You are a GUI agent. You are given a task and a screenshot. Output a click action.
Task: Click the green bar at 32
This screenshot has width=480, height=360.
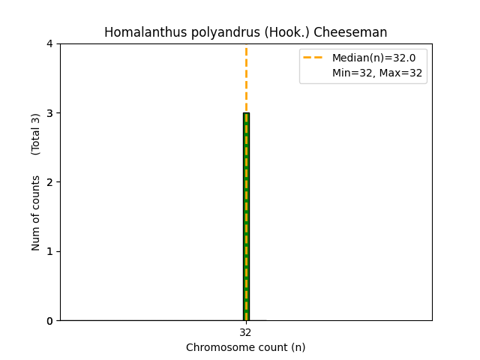point(246,217)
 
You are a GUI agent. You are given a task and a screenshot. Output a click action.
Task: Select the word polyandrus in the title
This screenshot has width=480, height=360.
point(206,32)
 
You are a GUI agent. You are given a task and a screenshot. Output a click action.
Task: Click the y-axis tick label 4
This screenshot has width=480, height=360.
point(49,43)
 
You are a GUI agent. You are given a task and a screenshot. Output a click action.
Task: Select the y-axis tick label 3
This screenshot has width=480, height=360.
point(49,113)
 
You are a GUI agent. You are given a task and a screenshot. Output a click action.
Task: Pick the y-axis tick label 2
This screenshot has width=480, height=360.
point(49,182)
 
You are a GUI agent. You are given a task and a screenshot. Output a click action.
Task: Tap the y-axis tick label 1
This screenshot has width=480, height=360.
point(49,251)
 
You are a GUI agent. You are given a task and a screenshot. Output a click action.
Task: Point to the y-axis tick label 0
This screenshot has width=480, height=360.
point(49,320)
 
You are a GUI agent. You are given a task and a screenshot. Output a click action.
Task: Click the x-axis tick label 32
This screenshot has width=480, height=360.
point(246,332)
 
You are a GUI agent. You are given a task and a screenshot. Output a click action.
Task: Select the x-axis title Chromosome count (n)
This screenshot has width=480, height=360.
point(246,347)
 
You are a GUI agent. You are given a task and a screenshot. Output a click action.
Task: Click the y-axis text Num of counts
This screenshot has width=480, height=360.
point(36,213)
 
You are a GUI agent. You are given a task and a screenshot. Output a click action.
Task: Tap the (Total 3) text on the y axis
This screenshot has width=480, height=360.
point(36,134)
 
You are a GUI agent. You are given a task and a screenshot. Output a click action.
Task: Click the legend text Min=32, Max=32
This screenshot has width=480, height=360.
point(377,73)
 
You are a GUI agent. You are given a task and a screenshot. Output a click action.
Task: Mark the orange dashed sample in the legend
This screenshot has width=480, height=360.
point(313,58)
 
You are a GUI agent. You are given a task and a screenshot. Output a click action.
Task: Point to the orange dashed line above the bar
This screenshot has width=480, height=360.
point(246,79)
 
